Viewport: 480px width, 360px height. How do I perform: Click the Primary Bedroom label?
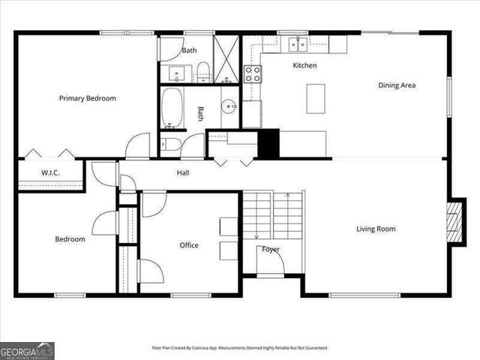pyautogui.click(x=88, y=98)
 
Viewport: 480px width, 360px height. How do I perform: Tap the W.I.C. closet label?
pyautogui.click(x=50, y=173)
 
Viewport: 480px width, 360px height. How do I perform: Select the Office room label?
pyautogui.click(x=189, y=245)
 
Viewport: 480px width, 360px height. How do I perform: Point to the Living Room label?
pyautogui.click(x=376, y=229)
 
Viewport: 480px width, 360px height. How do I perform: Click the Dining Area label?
pyautogui.click(x=396, y=85)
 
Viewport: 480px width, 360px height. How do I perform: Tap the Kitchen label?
pyautogui.click(x=304, y=66)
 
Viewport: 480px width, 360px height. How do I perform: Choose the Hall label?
pyautogui.click(x=183, y=173)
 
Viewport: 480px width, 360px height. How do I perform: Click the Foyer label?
pyautogui.click(x=271, y=249)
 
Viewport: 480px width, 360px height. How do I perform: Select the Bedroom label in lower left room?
pyautogui.click(x=70, y=239)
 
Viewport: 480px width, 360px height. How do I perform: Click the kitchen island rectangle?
pyautogui.click(x=316, y=97)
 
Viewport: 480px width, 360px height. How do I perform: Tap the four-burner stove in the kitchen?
pyautogui.click(x=253, y=73)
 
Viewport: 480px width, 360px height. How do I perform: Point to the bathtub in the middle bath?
pyautogui.click(x=172, y=109)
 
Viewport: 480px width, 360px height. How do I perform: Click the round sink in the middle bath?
pyautogui.click(x=229, y=106)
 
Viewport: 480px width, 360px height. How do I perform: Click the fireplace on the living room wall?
pyautogui.click(x=452, y=222)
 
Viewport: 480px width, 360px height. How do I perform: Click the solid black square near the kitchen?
pyautogui.click(x=268, y=143)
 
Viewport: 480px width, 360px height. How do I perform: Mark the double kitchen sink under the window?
pyautogui.click(x=298, y=44)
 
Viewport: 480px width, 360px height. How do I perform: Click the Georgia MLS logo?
pyautogui.click(x=27, y=350)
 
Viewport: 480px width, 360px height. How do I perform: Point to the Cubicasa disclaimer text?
pyautogui.click(x=240, y=348)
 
